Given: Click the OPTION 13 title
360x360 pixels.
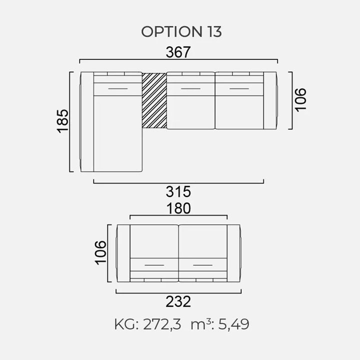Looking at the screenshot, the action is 181,31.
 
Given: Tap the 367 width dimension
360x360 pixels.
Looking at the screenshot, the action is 178,52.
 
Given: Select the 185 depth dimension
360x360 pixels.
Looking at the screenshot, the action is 62,121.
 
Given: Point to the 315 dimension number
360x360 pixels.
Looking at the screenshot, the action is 178,191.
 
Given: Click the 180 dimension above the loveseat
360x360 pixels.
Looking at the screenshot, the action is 178,208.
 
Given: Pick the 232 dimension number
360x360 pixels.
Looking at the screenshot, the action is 178,301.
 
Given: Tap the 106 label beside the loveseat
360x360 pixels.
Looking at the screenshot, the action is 101,253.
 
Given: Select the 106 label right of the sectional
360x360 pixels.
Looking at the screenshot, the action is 300,100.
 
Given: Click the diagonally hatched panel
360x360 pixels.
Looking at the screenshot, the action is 154,100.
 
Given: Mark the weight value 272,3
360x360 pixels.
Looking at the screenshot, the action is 162,324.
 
